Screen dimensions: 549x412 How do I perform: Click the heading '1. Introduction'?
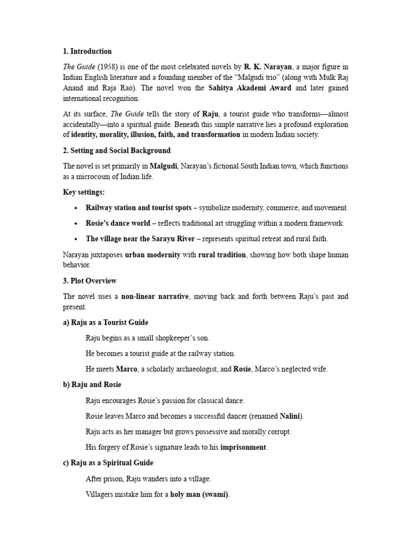(x=87, y=51)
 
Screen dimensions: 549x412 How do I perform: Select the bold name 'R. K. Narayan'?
(x=268, y=67)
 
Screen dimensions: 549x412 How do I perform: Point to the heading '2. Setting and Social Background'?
(x=117, y=151)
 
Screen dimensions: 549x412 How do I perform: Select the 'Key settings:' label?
(x=84, y=192)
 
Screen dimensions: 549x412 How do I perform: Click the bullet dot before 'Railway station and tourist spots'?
(x=77, y=208)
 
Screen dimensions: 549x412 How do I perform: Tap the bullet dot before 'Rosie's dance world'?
(x=77, y=224)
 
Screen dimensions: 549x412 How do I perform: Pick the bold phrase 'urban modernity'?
(x=152, y=255)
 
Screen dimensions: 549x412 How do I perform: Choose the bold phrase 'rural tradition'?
(x=222, y=255)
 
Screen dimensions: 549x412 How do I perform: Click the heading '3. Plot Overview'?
(x=90, y=281)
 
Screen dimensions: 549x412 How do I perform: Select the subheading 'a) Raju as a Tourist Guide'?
(x=106, y=323)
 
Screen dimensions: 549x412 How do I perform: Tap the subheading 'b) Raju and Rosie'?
(x=92, y=384)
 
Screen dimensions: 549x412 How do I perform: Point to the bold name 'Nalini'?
(x=291, y=416)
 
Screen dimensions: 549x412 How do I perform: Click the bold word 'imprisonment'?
(x=244, y=447)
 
